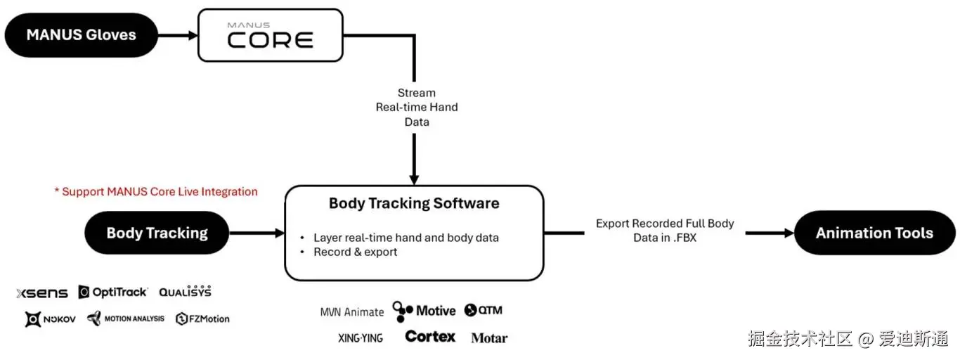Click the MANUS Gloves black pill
tap(81, 34)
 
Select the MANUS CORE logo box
tap(270, 34)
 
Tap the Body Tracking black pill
tap(157, 233)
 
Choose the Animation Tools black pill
tap(874, 233)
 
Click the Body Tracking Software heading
tap(414, 203)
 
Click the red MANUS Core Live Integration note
tap(156, 191)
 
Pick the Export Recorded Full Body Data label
tap(664, 231)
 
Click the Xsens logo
tap(42, 292)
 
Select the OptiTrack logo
tap(113, 292)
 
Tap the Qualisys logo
tap(185, 291)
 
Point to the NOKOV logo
tap(51, 319)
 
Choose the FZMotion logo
tap(202, 319)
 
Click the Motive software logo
tap(424, 310)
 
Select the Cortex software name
tap(430, 337)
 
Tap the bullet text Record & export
tap(355, 252)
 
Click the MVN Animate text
tap(352, 312)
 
